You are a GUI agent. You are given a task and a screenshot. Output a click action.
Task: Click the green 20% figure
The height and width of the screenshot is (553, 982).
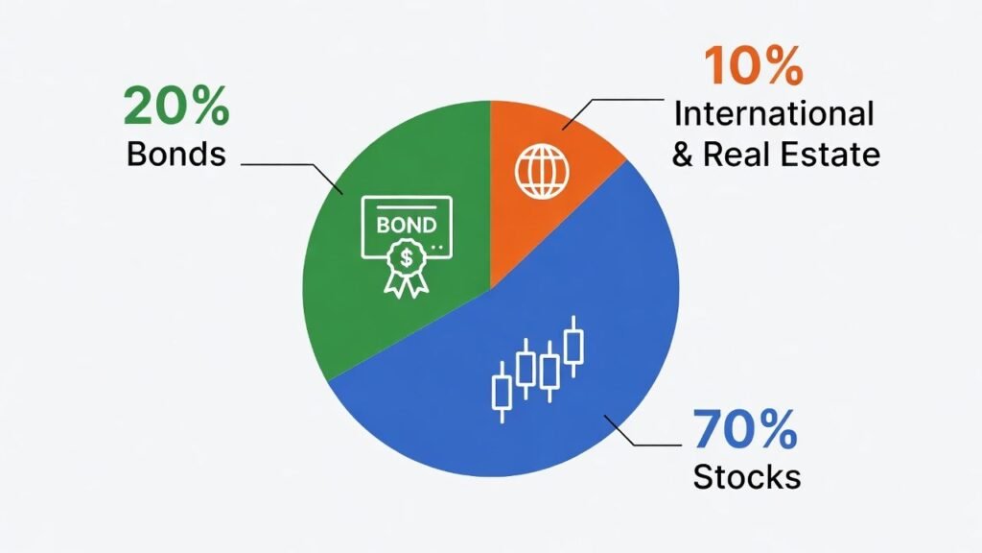[x=176, y=106]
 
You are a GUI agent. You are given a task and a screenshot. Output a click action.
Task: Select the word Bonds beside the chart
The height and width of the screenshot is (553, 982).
[x=176, y=154]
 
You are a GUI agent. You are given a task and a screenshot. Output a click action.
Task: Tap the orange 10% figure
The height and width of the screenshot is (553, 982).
[x=754, y=65]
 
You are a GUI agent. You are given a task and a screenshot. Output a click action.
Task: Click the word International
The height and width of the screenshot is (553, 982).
[x=774, y=114]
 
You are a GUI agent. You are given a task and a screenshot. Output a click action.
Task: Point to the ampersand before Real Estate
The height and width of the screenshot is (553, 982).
[x=683, y=155]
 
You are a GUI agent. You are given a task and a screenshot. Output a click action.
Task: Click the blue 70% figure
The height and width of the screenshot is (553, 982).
[x=744, y=429]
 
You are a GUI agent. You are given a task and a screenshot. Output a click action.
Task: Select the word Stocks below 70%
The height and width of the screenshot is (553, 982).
[x=746, y=477]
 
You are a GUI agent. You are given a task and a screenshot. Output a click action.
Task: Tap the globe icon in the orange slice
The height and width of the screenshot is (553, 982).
[x=543, y=171]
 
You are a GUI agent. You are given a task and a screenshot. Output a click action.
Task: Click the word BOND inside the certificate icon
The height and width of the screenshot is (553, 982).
[x=407, y=225]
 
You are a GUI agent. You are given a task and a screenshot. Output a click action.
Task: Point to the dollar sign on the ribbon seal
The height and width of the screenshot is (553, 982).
[x=407, y=257]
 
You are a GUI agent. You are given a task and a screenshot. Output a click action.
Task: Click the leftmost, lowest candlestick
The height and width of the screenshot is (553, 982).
[x=502, y=393]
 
